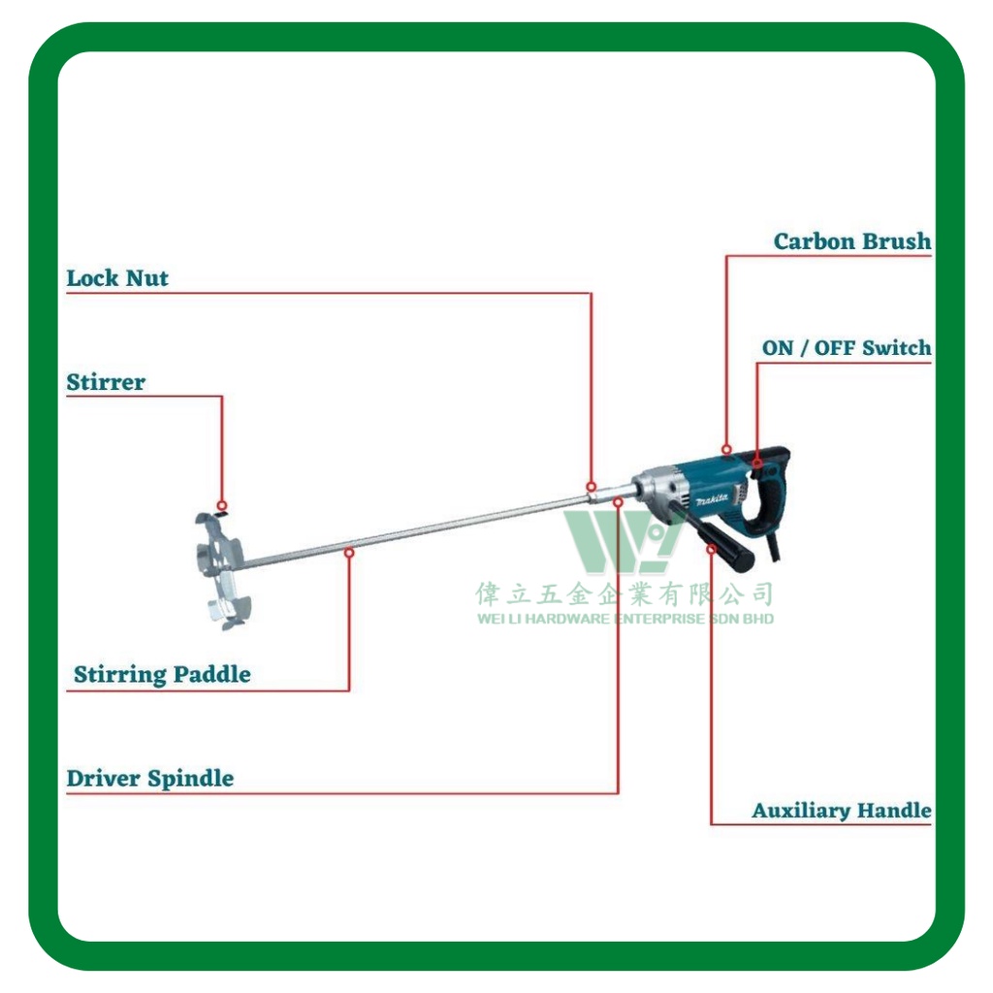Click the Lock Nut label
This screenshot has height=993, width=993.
117,278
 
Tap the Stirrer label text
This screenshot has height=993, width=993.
106,382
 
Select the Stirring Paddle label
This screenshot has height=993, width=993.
162,674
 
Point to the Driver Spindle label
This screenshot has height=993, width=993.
150,778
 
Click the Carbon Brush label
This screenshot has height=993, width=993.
852,241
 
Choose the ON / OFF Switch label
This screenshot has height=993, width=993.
847,347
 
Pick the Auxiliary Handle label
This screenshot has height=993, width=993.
842,810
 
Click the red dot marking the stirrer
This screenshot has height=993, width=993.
222,505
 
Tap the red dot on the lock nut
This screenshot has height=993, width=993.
591,486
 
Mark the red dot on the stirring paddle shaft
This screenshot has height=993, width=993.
349,552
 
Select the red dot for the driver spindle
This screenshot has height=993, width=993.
618,501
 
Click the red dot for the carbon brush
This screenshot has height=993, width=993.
726,449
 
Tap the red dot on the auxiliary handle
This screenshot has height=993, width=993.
712,549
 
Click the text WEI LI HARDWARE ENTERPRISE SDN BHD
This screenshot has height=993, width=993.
625,619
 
